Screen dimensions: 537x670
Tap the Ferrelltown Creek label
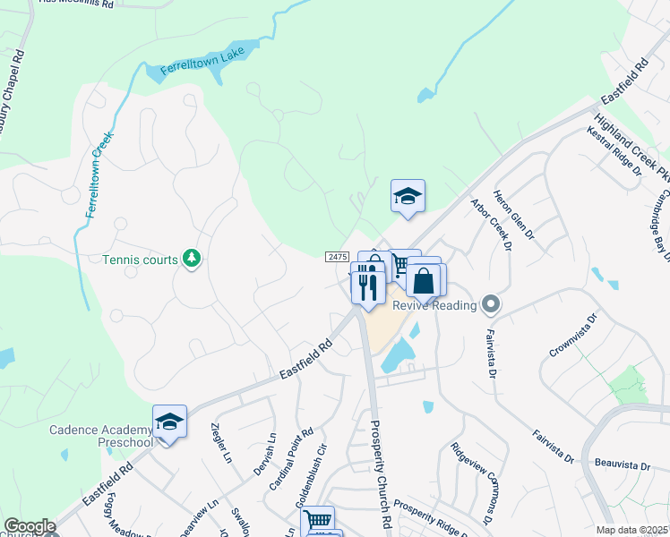click(x=99, y=175)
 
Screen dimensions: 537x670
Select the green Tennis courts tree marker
click(x=190, y=260)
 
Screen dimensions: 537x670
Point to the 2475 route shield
click(x=337, y=257)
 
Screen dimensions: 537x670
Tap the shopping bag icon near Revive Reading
click(x=425, y=282)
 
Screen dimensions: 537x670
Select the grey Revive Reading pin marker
click(x=490, y=305)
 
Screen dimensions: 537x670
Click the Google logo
click(x=30, y=526)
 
